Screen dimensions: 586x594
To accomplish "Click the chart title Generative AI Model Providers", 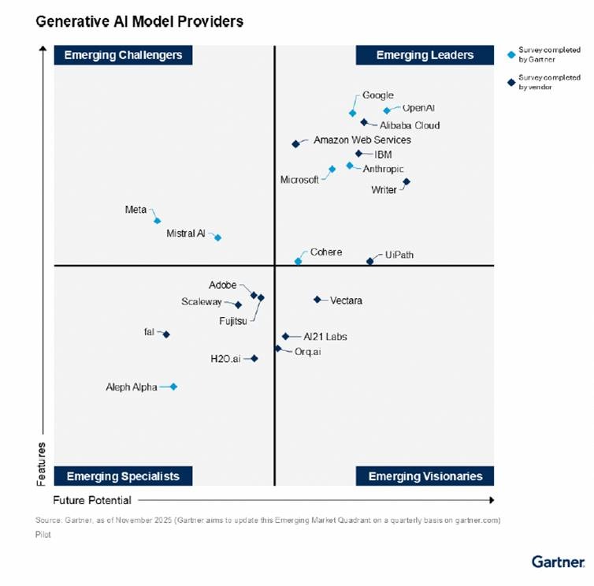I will tap(139, 22).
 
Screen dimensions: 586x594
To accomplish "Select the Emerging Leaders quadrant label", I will tap(425, 55).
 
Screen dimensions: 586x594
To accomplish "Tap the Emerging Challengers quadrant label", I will tap(123, 55).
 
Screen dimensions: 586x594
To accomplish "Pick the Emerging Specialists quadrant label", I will tap(123, 476).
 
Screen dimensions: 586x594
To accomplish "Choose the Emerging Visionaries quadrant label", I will tap(425, 476).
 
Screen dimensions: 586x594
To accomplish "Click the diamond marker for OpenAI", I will tap(387, 110).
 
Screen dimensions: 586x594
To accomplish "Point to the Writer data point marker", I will tap(407, 182).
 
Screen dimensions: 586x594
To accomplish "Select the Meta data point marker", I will tap(157, 221).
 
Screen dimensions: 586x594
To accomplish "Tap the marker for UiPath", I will tap(369, 261).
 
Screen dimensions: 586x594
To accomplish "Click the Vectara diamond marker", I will tap(317, 300).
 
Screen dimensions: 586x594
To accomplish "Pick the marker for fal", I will tap(166, 334).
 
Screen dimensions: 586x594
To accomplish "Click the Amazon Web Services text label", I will tap(362, 140).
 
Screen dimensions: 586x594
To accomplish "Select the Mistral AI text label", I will tap(185, 233).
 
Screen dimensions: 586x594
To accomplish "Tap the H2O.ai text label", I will tap(225, 359).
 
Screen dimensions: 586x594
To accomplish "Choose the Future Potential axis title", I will tap(92, 500).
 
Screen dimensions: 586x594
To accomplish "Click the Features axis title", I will tap(42, 463).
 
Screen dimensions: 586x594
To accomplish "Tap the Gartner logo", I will tap(558, 562).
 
